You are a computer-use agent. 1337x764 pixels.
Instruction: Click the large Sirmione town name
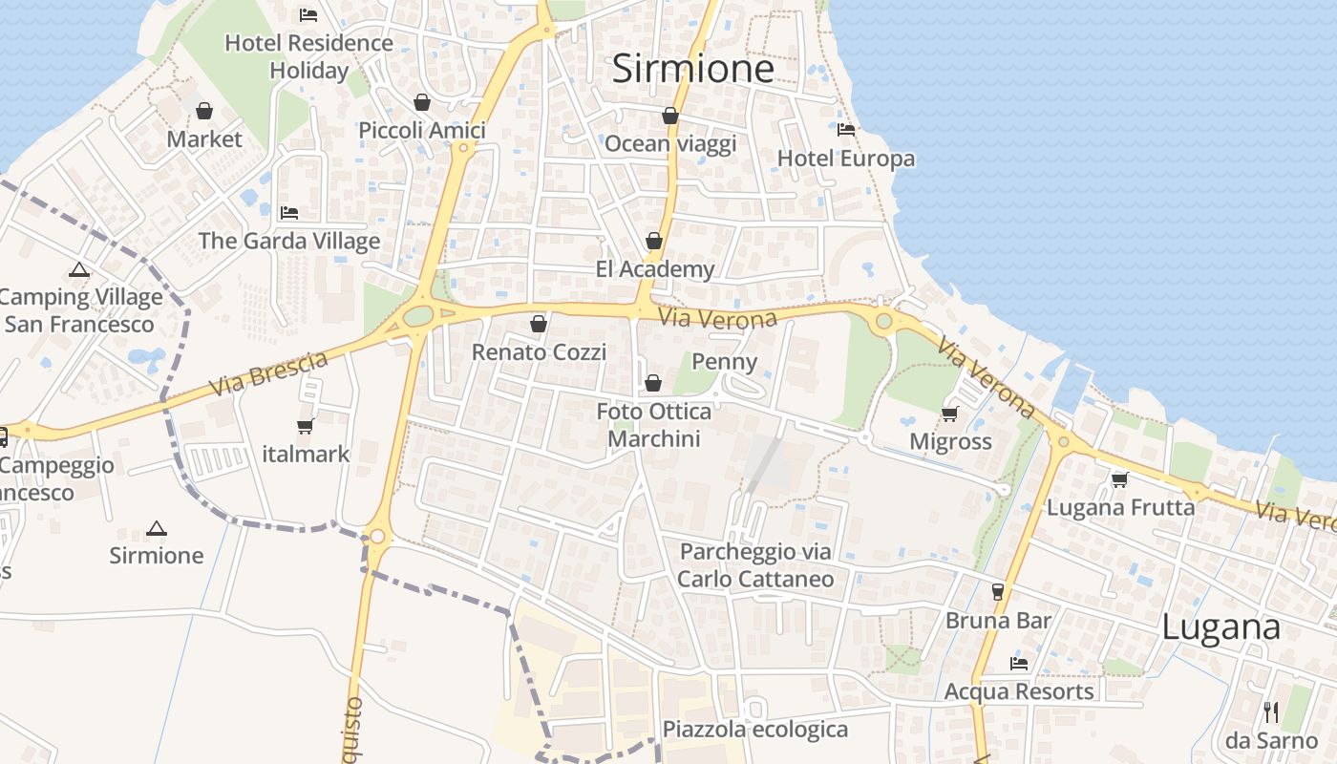pos(692,69)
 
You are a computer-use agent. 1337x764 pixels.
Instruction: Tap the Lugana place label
pos(1220,627)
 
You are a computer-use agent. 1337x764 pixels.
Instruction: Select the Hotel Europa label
pos(846,159)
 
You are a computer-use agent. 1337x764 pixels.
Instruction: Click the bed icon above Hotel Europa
pos(845,129)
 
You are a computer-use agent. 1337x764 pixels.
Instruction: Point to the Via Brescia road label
pos(268,373)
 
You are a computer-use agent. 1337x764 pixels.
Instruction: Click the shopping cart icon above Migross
pos(949,414)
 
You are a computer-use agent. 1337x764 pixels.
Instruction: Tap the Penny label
pos(724,362)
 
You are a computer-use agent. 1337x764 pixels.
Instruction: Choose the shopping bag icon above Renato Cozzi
pos(539,324)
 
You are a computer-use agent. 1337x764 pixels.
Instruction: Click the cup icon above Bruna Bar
pos(998,592)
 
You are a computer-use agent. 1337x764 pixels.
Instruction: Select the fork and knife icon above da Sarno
pos(1270,711)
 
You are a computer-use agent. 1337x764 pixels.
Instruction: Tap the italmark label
pos(306,454)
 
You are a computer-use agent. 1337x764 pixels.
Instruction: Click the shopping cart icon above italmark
pos(306,426)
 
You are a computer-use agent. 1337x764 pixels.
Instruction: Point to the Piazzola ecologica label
pos(755,730)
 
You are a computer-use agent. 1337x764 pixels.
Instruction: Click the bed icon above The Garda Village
pos(289,212)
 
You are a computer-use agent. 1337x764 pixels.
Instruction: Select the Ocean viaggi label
pos(670,144)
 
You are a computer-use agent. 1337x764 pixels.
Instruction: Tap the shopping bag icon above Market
pos(204,111)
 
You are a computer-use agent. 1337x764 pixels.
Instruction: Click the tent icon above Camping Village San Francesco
pos(79,270)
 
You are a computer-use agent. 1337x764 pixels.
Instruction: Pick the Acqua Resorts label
pos(1019,691)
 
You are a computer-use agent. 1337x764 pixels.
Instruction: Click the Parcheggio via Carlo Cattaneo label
pos(755,565)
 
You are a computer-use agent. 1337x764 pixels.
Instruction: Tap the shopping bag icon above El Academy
pos(654,241)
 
